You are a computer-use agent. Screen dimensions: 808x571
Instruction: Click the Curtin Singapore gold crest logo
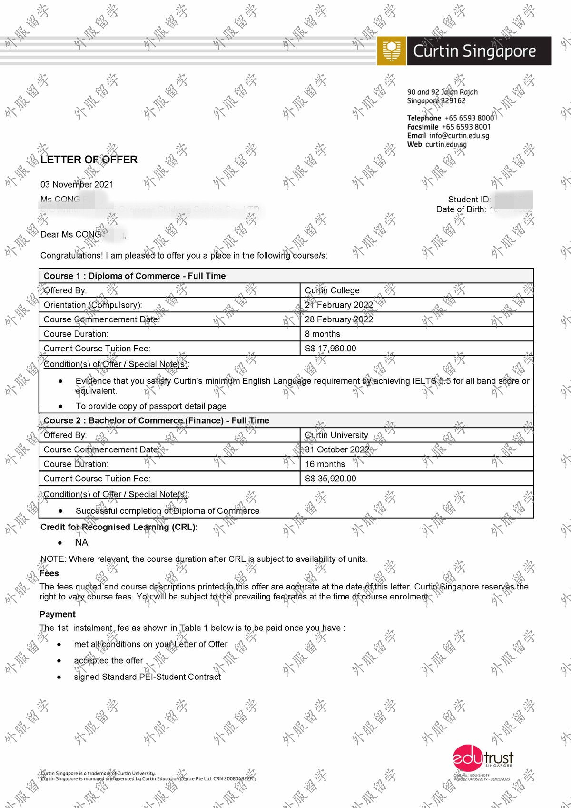(392, 50)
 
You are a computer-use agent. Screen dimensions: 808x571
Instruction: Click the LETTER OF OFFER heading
(89, 160)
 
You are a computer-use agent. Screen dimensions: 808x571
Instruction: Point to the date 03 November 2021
(77, 184)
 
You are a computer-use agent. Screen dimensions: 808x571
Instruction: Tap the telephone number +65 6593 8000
(469, 118)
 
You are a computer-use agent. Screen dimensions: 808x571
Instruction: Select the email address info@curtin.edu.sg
(459, 136)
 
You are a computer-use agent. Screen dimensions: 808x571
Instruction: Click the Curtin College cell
(332, 290)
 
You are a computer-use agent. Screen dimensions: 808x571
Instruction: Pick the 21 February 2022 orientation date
(339, 305)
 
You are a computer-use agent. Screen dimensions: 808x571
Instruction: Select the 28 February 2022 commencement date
(339, 319)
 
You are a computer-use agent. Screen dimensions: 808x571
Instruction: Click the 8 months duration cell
(323, 334)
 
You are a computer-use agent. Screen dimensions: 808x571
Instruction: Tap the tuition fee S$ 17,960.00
(330, 349)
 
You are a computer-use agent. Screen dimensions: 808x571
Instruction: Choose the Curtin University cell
(336, 435)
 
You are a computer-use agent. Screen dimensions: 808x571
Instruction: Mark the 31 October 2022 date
(337, 449)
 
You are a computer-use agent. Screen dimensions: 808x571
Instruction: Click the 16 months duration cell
(325, 464)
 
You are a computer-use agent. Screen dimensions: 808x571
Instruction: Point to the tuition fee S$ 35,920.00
(330, 479)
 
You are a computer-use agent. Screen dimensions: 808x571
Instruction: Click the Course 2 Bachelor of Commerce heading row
(157, 420)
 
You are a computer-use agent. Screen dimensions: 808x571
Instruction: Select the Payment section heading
(58, 614)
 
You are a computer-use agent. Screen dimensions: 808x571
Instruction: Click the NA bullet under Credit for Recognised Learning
(81, 542)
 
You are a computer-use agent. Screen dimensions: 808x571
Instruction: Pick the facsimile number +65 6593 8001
(466, 127)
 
